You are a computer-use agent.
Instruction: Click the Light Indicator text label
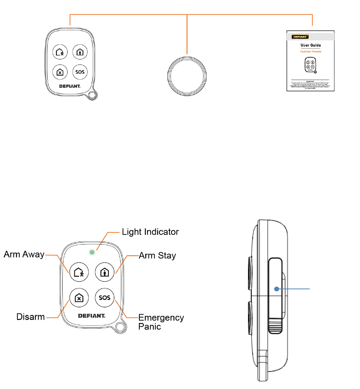150,232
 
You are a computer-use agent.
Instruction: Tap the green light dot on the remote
92,252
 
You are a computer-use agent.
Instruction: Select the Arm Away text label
24,254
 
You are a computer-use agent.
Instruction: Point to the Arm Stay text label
157,256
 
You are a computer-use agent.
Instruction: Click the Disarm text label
31,316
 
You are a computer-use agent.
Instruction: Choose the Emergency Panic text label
161,322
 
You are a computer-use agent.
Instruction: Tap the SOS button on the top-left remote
80,72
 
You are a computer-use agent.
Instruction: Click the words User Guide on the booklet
311,45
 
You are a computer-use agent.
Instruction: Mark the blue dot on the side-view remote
277,289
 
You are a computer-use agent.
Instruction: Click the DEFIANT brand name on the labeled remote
92,316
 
